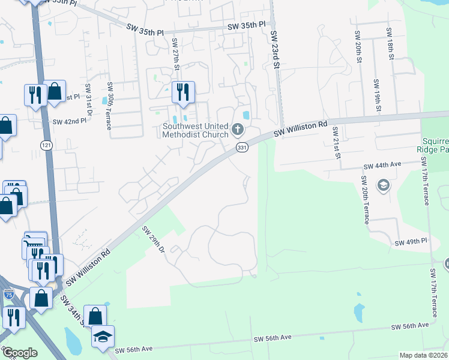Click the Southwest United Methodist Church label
tap(195, 130)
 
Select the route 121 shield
tap(46, 145)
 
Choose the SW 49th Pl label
tap(411, 242)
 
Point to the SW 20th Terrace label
tap(364, 200)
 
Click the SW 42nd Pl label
tap(70, 121)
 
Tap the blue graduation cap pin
tap(103, 336)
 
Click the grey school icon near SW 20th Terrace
tap(382, 186)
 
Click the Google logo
tap(20, 353)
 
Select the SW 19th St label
tap(377, 95)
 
